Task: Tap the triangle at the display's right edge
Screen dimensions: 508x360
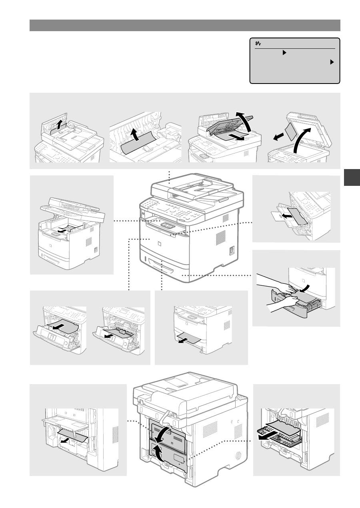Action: (332, 62)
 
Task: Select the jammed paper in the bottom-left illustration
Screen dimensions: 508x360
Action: (72, 435)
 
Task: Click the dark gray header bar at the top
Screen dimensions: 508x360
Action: (185, 25)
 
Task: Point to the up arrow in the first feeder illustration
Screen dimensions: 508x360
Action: (59, 126)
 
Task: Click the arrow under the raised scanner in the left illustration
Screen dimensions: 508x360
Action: (62, 230)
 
